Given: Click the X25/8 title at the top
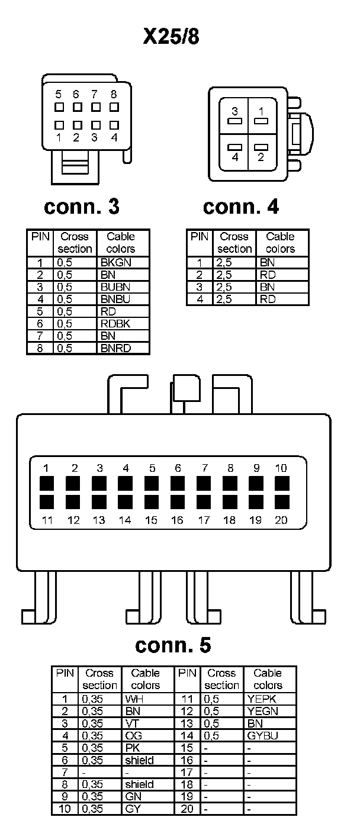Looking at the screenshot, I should point(172,37).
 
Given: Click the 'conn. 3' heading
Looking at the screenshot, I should point(82,207).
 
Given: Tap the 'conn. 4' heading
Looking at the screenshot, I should point(241,207).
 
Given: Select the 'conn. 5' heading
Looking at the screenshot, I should point(173,645).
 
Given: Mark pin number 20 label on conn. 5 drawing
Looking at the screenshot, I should point(282,520).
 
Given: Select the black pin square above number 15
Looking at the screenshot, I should point(152,502).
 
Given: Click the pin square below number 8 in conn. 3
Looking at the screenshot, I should point(114,107).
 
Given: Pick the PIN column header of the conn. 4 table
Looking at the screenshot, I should point(199,236).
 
